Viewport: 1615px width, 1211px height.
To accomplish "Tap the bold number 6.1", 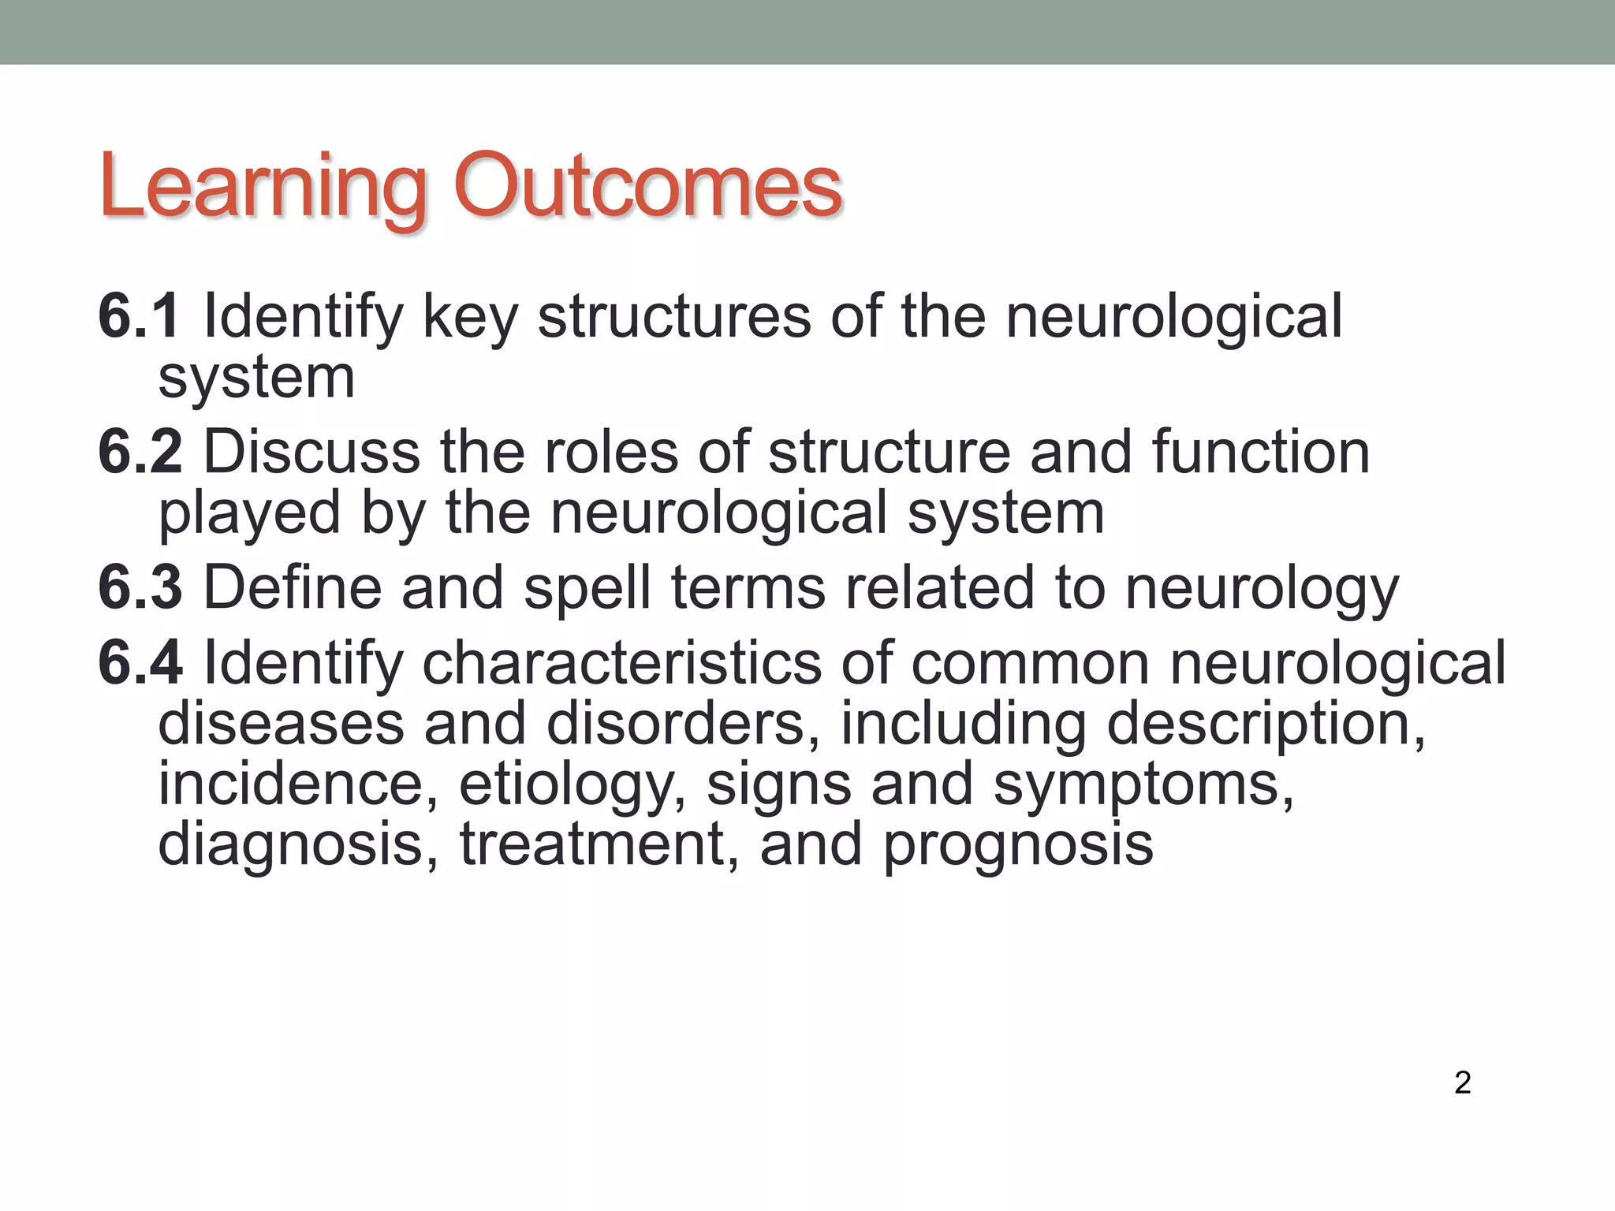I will [139, 316].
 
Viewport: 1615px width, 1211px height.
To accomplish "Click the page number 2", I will [1462, 1082].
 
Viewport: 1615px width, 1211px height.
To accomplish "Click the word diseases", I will [281, 723].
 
